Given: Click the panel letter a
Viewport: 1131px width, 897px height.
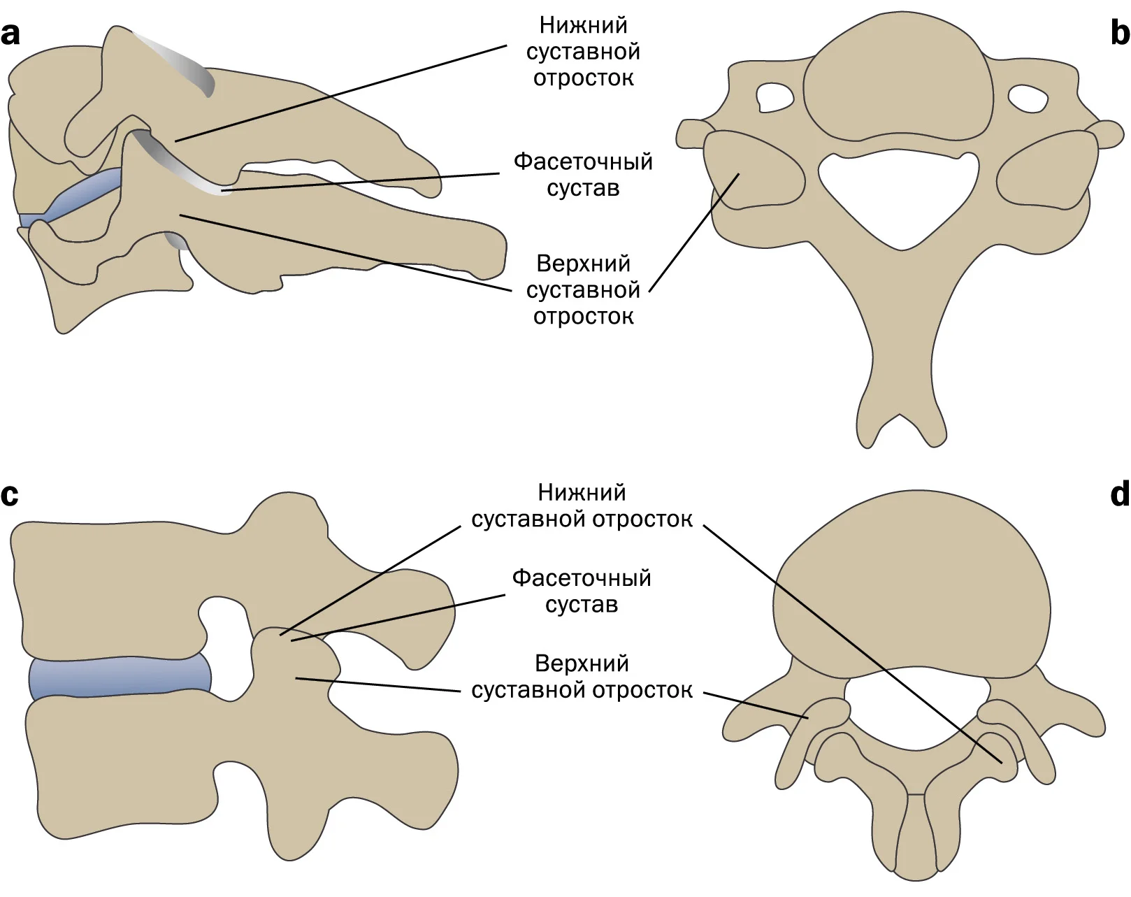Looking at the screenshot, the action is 10,35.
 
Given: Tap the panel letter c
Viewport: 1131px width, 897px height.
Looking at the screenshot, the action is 10,495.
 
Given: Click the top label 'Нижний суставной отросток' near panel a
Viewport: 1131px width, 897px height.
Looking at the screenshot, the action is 584,52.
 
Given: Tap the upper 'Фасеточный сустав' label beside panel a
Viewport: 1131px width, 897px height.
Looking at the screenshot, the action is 583,175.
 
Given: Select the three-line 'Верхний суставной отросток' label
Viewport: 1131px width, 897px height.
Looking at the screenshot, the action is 584,289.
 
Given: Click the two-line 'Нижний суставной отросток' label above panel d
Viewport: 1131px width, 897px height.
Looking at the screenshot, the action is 582,505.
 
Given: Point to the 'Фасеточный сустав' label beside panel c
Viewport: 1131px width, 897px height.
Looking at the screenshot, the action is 582,591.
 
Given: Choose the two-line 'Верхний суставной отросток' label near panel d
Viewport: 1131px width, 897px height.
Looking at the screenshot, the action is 582,677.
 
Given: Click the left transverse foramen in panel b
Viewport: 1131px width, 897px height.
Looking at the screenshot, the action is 775,99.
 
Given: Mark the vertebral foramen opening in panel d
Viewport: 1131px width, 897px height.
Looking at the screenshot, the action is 918,708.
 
